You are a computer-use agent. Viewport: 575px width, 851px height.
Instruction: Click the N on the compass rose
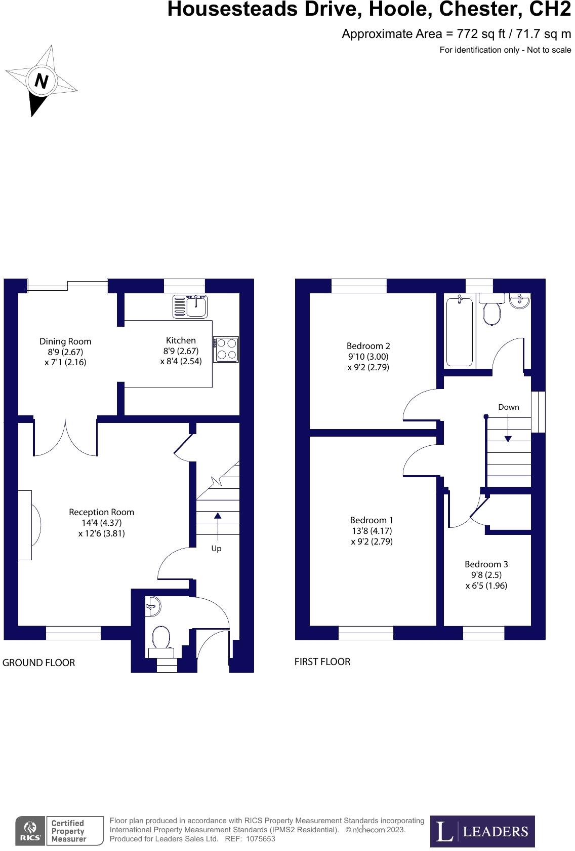coord(42,81)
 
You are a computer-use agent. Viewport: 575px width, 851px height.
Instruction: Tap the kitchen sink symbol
coord(190,306)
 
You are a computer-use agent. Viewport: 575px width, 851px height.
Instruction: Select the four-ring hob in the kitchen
coord(226,349)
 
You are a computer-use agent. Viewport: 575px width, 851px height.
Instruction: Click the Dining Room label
coord(65,341)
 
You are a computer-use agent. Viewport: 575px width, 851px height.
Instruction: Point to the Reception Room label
coord(101,512)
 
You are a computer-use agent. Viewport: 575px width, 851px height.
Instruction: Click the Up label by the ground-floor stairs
coord(216,549)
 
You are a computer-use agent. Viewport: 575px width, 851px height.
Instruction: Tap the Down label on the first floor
coord(509,407)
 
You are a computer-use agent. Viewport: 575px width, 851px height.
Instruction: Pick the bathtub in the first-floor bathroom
coord(460,332)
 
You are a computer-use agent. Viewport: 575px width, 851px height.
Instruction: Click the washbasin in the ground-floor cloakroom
coord(153,606)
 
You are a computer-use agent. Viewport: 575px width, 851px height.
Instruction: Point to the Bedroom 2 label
coord(368,345)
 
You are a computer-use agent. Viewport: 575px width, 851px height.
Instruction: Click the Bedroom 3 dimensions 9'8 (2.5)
coord(486,575)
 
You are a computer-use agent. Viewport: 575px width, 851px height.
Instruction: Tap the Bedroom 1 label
coord(372,520)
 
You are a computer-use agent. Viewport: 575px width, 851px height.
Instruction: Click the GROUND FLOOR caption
coord(38,663)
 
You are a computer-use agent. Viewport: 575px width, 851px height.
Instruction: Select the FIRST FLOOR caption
coord(322,662)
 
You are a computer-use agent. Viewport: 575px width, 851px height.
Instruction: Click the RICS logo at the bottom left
coord(30,831)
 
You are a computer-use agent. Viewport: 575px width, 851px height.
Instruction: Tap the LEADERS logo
coord(482,831)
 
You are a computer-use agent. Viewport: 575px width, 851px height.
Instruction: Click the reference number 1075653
coord(260,838)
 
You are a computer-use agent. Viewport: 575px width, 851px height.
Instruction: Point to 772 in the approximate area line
coord(467,34)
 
